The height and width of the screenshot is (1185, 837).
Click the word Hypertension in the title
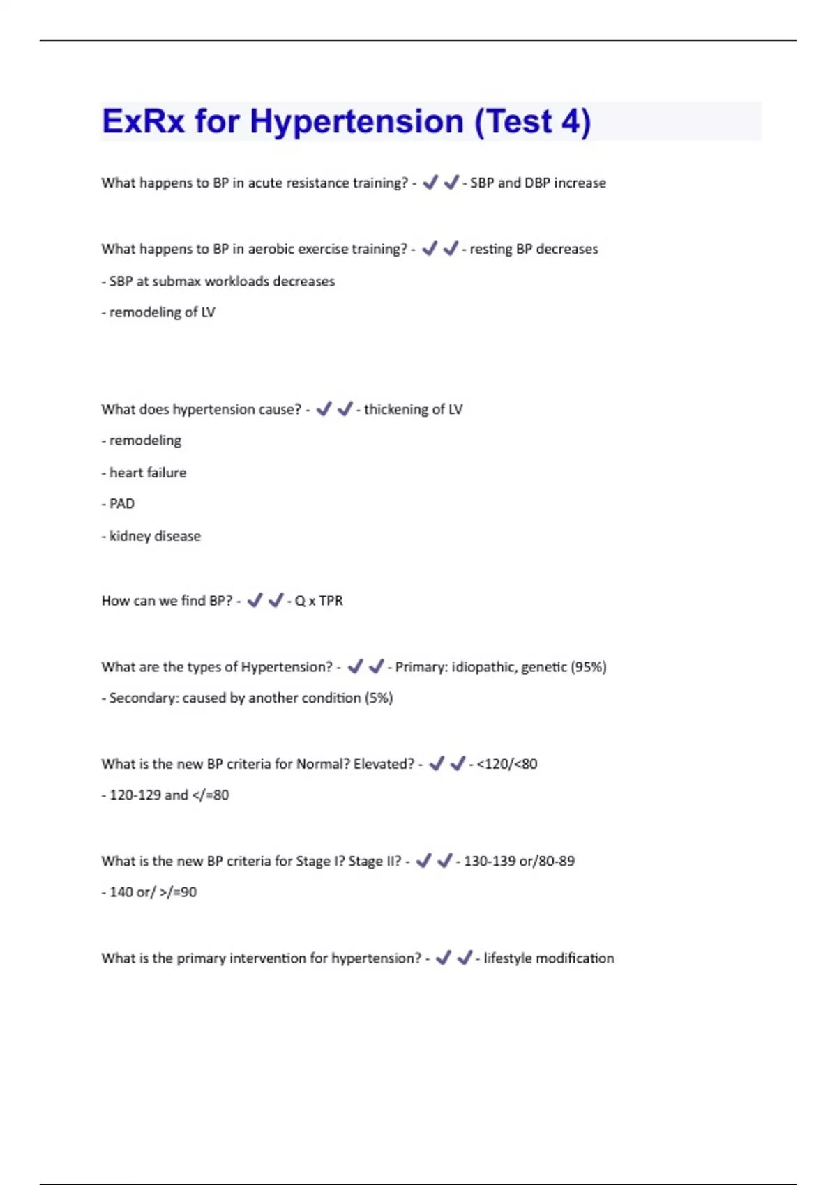pyautogui.click(x=356, y=122)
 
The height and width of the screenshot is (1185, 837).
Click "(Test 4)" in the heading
pyautogui.click(x=532, y=122)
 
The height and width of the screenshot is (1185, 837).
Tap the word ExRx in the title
pyautogui.click(x=143, y=122)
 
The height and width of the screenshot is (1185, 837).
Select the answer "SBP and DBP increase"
pyautogui.click(x=538, y=183)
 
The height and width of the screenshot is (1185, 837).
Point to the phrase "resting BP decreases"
pyautogui.click(x=534, y=249)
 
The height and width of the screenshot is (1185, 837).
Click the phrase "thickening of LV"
pyautogui.click(x=413, y=409)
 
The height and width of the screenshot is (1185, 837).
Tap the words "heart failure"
pyautogui.click(x=148, y=473)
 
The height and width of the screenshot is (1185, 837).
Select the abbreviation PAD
pyautogui.click(x=122, y=503)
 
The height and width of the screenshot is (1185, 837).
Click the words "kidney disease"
pyautogui.click(x=155, y=536)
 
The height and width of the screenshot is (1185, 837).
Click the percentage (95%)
pyautogui.click(x=589, y=667)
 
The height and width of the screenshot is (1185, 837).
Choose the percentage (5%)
pyautogui.click(x=379, y=698)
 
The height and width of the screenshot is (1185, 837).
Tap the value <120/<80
pyautogui.click(x=507, y=764)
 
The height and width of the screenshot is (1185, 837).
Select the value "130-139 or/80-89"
pyautogui.click(x=520, y=861)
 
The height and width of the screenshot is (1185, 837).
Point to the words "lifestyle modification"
pyautogui.click(x=549, y=958)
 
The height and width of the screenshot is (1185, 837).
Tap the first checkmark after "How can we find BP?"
pyautogui.click(x=255, y=600)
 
